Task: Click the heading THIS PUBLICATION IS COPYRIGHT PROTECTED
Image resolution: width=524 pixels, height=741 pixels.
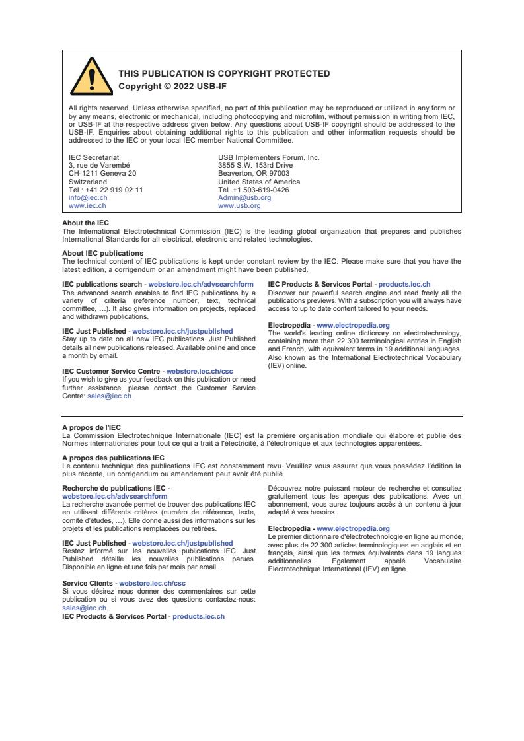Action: (x=224, y=73)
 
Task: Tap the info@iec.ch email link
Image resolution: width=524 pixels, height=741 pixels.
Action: (x=88, y=197)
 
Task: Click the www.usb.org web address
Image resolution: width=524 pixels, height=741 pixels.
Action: (x=239, y=205)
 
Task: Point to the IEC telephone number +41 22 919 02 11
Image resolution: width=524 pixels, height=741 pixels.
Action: (x=106, y=190)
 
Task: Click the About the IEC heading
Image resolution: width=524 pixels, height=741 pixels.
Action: (x=85, y=223)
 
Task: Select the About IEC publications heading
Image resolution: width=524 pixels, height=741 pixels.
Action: (x=102, y=253)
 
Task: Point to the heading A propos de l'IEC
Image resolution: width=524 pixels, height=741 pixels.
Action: (x=91, y=427)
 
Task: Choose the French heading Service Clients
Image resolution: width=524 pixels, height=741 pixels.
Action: (x=89, y=583)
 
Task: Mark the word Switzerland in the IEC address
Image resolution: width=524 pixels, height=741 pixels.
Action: (x=88, y=182)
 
